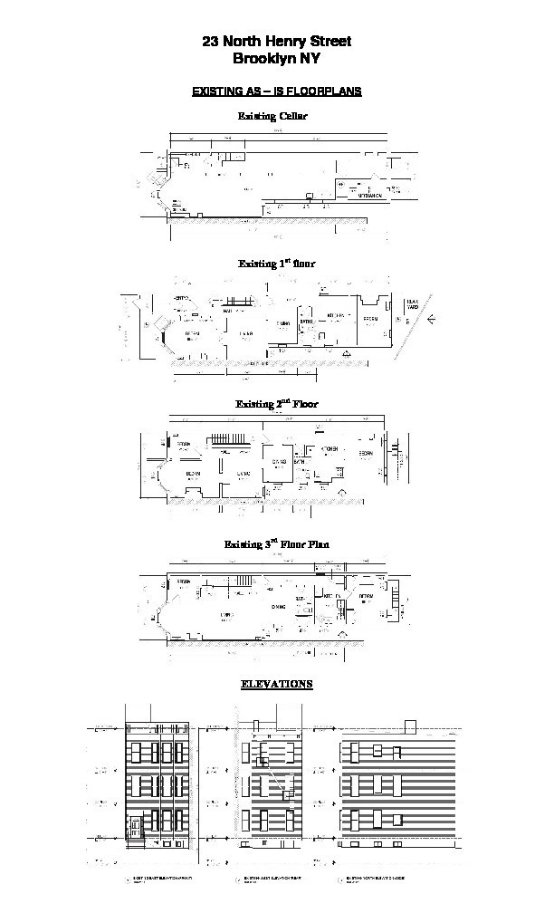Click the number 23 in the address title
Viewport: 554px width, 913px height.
(x=211, y=42)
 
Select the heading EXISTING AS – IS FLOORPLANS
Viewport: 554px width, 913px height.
(x=276, y=91)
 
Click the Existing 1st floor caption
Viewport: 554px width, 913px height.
(x=276, y=264)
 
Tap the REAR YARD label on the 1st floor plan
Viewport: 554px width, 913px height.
(x=412, y=304)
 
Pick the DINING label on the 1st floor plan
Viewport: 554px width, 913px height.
(x=283, y=322)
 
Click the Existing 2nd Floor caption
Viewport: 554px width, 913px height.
(x=276, y=403)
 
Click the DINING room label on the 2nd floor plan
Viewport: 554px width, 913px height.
(x=278, y=462)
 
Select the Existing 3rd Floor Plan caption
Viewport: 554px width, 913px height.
(x=276, y=544)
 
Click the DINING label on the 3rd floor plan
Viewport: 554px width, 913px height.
(x=278, y=608)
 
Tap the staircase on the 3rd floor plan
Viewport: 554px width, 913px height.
(x=242, y=580)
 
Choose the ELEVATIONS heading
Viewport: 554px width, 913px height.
(x=276, y=684)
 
